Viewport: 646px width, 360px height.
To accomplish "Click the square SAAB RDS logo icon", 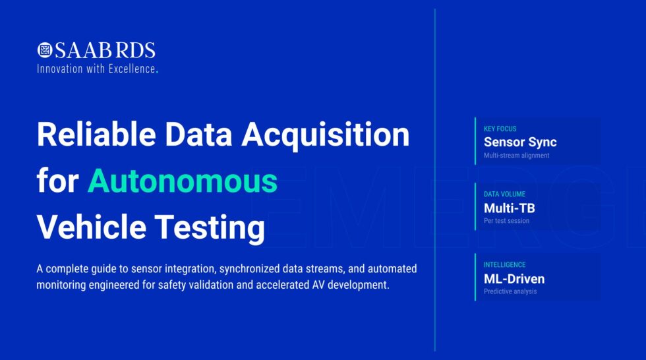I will [x=45, y=50].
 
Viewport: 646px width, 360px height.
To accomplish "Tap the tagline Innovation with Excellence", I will [x=97, y=68].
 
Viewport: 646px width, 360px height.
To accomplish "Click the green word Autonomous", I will [x=183, y=181].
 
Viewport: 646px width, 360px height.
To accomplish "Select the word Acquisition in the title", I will [x=326, y=135].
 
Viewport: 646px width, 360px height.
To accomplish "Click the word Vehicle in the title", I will [x=90, y=227].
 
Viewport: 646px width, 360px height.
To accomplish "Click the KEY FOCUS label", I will [x=500, y=129].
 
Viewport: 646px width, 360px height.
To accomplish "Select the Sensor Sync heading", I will [x=520, y=142].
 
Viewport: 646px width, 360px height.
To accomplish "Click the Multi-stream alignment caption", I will [x=516, y=156].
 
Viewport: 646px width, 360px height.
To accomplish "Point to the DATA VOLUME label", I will [x=505, y=195].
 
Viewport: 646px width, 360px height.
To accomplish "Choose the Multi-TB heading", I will [x=510, y=208].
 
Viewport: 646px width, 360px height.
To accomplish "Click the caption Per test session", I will [x=506, y=221].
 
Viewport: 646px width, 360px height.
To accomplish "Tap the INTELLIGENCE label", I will [x=504, y=264].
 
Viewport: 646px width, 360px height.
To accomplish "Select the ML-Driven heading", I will [x=514, y=278].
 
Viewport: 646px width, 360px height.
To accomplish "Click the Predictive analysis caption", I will [x=510, y=291].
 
